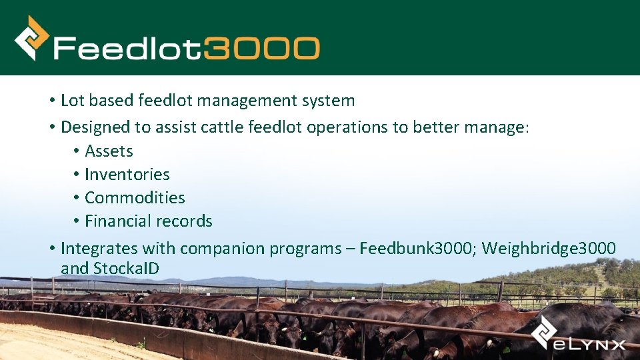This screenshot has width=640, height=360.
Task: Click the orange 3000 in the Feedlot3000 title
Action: click(x=262, y=49)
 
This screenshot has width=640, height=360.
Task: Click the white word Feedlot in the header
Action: click(x=128, y=49)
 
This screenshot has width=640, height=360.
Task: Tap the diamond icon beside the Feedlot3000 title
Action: click(x=31, y=38)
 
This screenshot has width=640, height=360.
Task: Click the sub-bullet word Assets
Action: click(x=109, y=151)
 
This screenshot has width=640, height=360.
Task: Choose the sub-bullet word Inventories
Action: click(x=127, y=175)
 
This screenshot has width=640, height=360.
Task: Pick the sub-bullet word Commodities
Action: click(x=135, y=198)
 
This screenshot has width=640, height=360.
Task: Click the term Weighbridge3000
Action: click(x=549, y=249)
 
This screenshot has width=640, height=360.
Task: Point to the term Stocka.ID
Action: click(x=126, y=269)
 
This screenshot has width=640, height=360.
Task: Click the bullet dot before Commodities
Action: click(x=77, y=198)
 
